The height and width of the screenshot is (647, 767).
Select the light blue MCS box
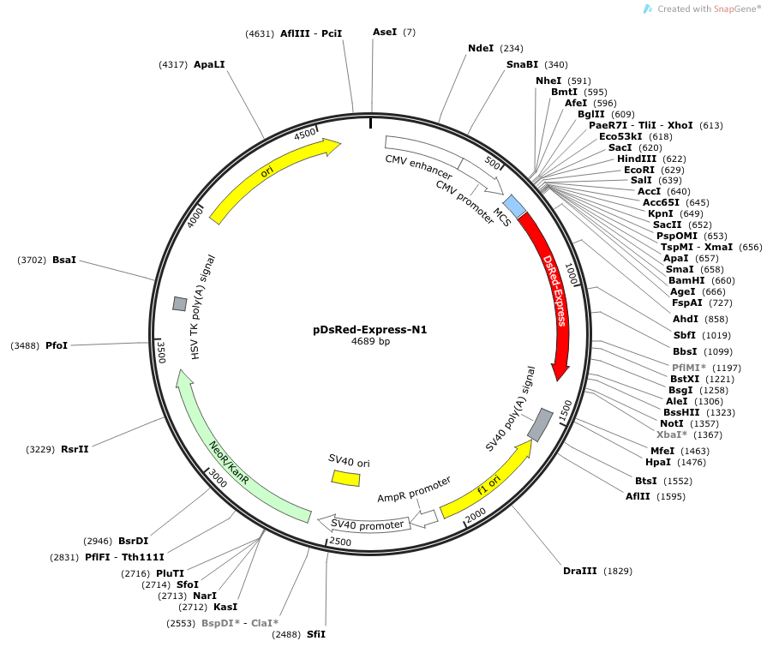point(514,206)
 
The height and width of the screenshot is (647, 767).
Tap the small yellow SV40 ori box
point(346,478)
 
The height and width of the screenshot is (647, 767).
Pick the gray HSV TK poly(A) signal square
point(180,303)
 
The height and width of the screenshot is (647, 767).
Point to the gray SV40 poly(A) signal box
point(540,424)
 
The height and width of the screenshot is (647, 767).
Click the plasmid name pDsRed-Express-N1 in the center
point(370,330)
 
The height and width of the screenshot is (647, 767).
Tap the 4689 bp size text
point(370,341)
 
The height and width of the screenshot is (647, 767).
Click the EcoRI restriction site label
point(639,170)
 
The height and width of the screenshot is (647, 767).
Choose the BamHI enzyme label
point(686,280)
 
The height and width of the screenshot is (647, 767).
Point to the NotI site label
point(672,423)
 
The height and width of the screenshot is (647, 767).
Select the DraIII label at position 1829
point(579,571)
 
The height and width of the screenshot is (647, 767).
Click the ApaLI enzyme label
point(209,64)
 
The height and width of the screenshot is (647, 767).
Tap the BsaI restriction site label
point(64,260)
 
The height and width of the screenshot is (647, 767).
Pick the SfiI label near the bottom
point(316,634)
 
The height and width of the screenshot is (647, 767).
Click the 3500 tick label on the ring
point(161,352)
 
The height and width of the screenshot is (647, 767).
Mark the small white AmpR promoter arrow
point(424,518)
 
